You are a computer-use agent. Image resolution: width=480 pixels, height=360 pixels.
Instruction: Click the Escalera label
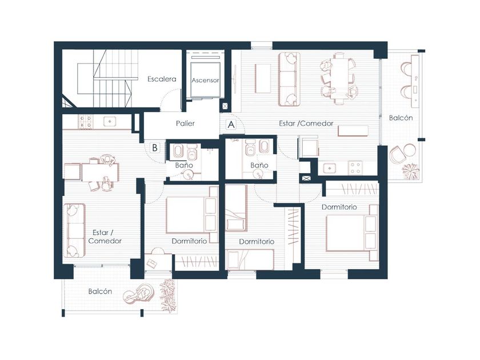pos(162,79)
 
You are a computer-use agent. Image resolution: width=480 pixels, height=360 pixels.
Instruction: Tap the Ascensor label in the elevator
pos(205,80)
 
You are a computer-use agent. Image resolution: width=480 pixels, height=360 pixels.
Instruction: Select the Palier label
pos(185,123)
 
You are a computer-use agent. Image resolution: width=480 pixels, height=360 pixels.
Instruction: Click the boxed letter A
pos(231,125)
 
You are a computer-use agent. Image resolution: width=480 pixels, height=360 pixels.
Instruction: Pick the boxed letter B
pos(155,147)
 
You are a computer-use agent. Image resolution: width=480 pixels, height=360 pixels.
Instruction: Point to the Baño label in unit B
pos(184,165)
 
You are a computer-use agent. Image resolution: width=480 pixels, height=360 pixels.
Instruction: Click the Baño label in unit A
pos(259,165)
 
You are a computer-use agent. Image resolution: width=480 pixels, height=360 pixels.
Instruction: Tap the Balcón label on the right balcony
pos(401,118)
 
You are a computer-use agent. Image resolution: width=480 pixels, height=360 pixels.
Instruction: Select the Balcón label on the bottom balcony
pos(100,291)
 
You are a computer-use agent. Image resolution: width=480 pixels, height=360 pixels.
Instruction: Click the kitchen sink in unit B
pos(109,122)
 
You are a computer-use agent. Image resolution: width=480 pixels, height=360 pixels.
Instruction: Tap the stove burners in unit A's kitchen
pos(355,168)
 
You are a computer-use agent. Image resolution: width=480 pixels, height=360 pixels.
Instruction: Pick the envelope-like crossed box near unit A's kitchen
pos(306,178)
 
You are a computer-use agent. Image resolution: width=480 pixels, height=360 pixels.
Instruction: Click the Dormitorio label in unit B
pos(189,241)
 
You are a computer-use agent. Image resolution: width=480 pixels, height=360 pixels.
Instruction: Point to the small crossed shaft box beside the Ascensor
pos(225,106)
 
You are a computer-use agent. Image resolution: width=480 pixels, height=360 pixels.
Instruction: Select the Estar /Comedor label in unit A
pos(306,123)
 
